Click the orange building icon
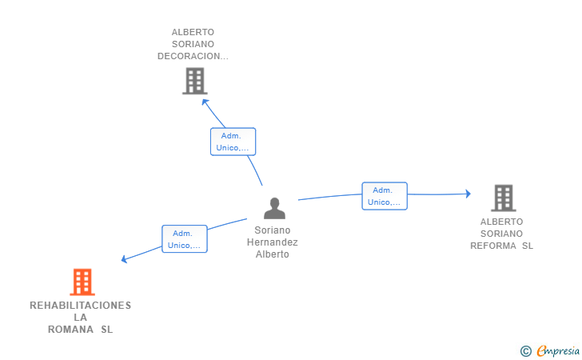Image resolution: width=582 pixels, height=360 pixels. point(82,282)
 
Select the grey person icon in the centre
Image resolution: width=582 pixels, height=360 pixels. point(275,208)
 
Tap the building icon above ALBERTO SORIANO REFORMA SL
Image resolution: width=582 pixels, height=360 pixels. point(504,198)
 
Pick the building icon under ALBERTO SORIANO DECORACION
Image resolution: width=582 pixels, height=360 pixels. point(195,81)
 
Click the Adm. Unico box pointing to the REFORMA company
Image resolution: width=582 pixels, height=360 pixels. point(385,196)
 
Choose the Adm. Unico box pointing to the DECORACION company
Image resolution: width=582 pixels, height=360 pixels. point(233,142)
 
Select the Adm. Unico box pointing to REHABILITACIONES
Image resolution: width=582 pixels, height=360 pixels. point(185,239)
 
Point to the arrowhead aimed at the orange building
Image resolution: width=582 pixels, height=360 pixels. point(125,259)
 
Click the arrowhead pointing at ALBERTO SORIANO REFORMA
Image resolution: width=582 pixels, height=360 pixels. point(468,194)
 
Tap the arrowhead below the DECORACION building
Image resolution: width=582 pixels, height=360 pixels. point(205,102)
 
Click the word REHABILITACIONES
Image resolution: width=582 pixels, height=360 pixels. point(81,306)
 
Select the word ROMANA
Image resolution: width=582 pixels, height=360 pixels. point(70,330)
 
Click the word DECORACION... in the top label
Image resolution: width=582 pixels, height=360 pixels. point(193,56)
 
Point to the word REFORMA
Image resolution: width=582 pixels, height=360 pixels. point(493,246)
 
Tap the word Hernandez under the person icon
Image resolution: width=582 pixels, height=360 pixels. point(273,242)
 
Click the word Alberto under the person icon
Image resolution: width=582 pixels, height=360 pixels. point(273,254)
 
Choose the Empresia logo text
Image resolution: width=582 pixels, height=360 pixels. point(558,351)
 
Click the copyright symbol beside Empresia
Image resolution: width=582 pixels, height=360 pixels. point(526,351)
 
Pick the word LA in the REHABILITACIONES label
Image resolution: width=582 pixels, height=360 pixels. point(81,318)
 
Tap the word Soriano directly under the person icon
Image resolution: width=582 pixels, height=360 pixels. point(273,230)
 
